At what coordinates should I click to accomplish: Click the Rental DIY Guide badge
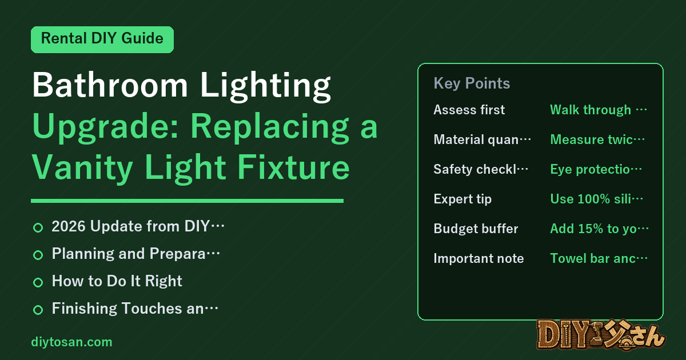pyautogui.click(x=102, y=39)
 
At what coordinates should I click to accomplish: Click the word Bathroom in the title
pyautogui.click(x=110, y=85)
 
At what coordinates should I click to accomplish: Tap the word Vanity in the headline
pyautogui.click(x=82, y=167)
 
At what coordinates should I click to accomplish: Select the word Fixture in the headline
pyautogui.click(x=293, y=167)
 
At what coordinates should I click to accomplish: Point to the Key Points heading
pyautogui.click(x=472, y=83)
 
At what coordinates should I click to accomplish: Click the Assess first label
pyautogui.click(x=469, y=110)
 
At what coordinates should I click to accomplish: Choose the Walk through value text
pyautogui.click(x=599, y=110)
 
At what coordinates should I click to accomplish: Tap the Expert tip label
pyautogui.click(x=462, y=199)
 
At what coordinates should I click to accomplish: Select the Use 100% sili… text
pyautogui.click(x=597, y=199)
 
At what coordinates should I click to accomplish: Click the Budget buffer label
pyautogui.click(x=476, y=229)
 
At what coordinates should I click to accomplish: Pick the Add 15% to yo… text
pyautogui.click(x=599, y=229)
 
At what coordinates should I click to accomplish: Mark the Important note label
pyautogui.click(x=478, y=258)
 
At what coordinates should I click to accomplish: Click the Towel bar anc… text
pyautogui.click(x=599, y=258)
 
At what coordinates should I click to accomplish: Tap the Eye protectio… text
pyautogui.click(x=596, y=169)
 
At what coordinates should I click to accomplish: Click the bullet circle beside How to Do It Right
pyautogui.click(x=38, y=282)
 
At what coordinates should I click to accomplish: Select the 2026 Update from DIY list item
pyautogui.click(x=138, y=226)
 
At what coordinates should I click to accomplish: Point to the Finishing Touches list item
pyautogui.click(x=135, y=308)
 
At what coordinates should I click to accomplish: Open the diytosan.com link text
pyautogui.click(x=71, y=342)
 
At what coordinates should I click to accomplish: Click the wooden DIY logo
pyautogui.click(x=601, y=334)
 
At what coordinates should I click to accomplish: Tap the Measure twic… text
pyautogui.click(x=597, y=139)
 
